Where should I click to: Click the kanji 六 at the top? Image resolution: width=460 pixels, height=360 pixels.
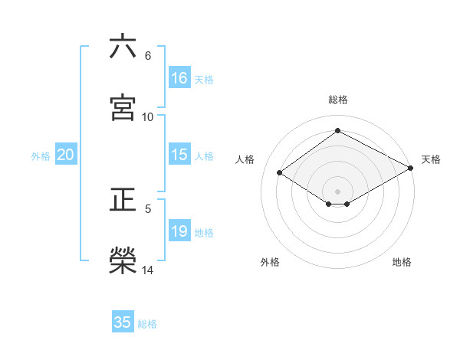point(123,47)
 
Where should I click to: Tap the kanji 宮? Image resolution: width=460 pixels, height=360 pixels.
point(123,107)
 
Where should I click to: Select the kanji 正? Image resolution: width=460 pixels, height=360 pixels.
point(123,200)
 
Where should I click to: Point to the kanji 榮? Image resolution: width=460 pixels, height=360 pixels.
point(123,260)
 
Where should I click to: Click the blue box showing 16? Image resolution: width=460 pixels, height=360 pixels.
point(179,77)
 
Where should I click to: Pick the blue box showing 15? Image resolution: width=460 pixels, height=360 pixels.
point(179,155)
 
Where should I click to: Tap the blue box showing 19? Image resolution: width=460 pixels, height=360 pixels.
point(179,231)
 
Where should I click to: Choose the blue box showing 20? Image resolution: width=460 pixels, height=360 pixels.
point(66,155)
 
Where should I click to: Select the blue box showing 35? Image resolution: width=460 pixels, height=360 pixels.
point(123,322)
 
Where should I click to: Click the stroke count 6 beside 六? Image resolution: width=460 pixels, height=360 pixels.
point(148,56)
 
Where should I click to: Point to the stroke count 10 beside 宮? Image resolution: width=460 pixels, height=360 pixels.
point(148,116)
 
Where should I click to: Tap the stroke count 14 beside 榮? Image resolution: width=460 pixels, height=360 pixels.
point(148,270)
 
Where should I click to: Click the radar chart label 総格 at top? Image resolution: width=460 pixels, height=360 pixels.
point(337,100)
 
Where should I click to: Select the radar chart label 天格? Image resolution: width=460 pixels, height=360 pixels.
point(431,159)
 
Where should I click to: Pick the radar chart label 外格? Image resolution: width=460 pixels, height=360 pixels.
point(270,263)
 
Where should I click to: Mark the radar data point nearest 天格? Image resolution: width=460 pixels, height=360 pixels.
point(411,169)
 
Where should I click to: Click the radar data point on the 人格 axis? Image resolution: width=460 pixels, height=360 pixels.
point(280,173)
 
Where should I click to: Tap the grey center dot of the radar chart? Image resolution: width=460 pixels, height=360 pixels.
point(337,191)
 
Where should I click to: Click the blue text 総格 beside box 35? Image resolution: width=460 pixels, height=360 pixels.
point(147,324)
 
